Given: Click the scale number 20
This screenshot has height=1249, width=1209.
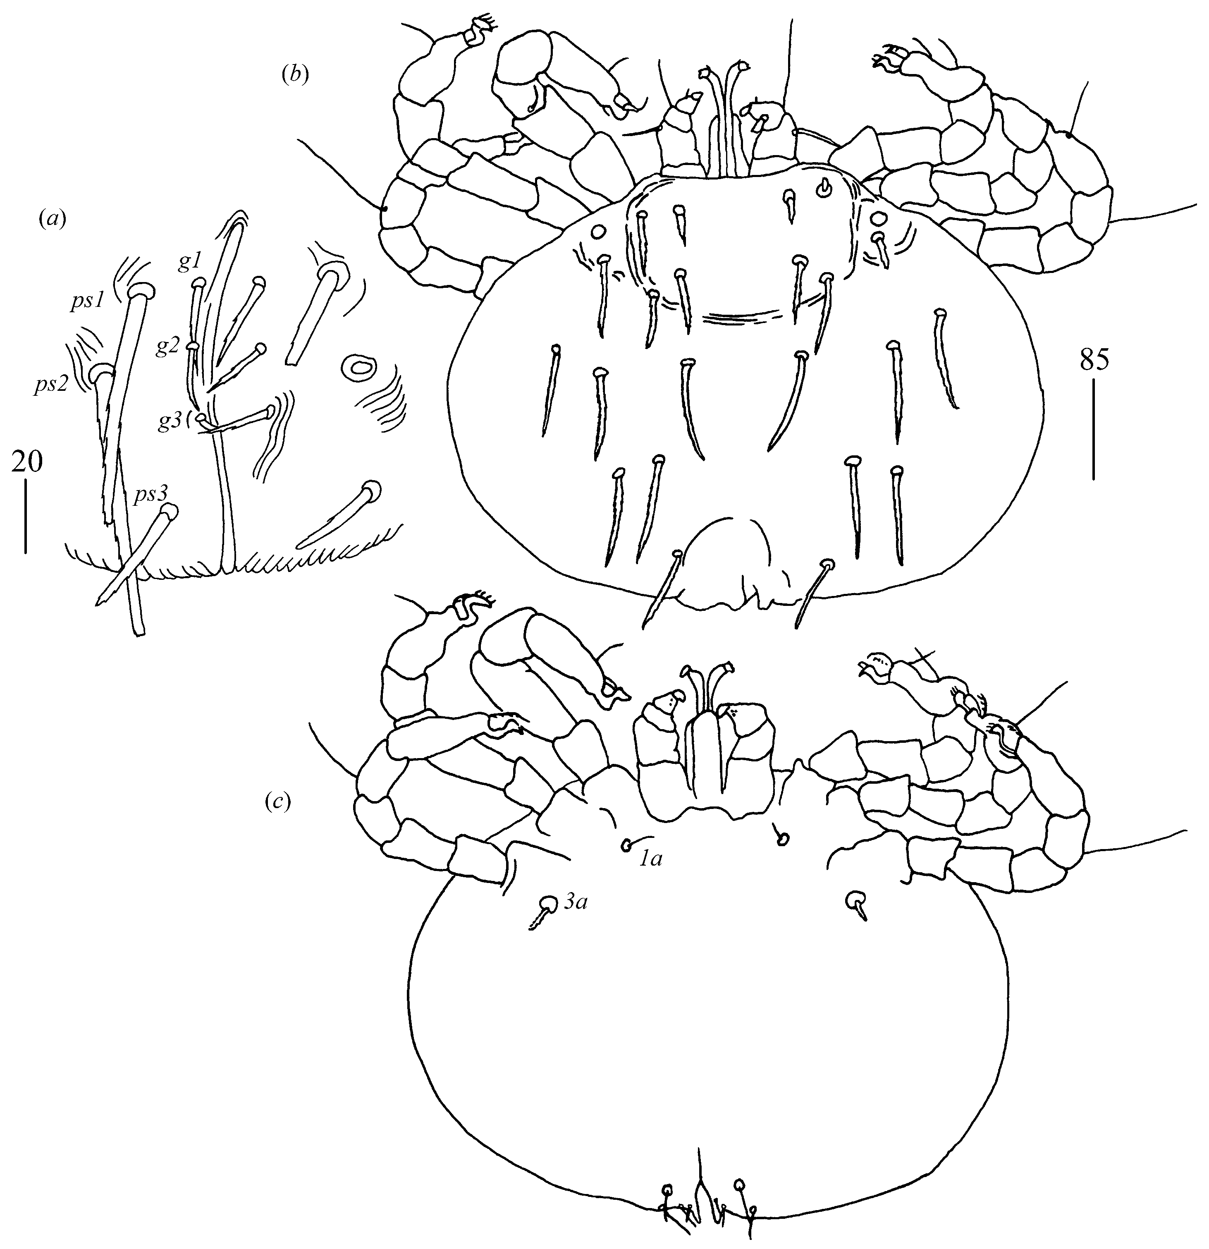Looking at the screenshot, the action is point(27,462).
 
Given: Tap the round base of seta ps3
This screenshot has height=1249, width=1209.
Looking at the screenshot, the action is point(168,512).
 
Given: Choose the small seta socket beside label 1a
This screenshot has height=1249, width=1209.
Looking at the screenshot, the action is point(627,846).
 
